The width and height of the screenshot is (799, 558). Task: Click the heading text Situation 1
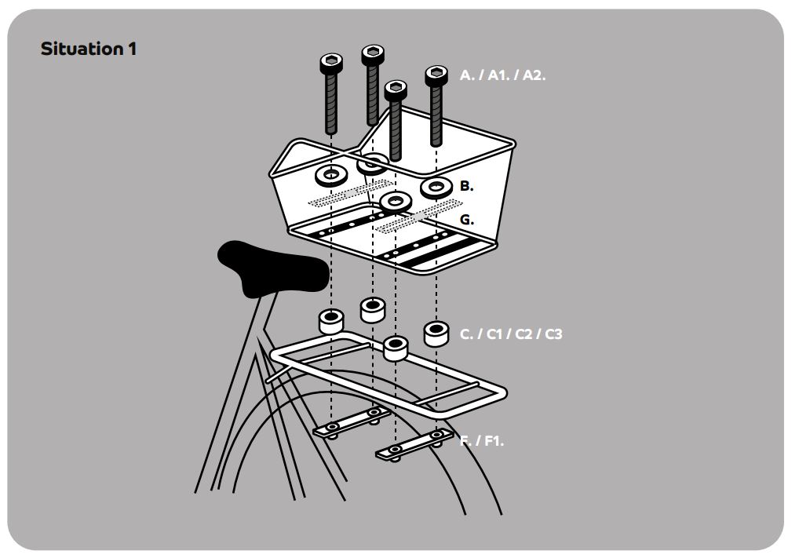pos(89,49)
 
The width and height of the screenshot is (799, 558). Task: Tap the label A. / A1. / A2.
pos(502,75)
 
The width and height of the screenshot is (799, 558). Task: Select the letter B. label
pos(466,186)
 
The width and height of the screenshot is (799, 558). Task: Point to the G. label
pos(467,220)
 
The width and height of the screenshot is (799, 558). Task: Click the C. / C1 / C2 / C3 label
pos(511,334)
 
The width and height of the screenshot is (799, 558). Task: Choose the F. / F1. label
pos(482,440)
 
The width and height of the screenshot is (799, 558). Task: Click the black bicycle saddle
pos(273,268)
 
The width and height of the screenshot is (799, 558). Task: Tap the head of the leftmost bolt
pos(331,64)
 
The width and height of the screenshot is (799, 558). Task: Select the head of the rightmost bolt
pos(436,75)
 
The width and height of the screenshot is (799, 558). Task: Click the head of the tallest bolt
pos(373,54)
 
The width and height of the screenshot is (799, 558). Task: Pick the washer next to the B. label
pos(436,188)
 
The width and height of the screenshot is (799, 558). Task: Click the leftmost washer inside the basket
pos(331,175)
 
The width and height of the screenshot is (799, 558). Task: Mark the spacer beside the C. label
pos(436,334)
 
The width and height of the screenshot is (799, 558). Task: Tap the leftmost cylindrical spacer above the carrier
pos(331,321)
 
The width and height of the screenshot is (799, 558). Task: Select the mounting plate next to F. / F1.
pos(414,444)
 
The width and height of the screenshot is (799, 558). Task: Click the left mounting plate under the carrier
pos(352,423)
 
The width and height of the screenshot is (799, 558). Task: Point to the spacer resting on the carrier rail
pos(396,348)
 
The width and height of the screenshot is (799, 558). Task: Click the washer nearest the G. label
pos(396,202)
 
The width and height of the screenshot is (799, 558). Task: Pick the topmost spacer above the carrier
pos(373,310)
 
